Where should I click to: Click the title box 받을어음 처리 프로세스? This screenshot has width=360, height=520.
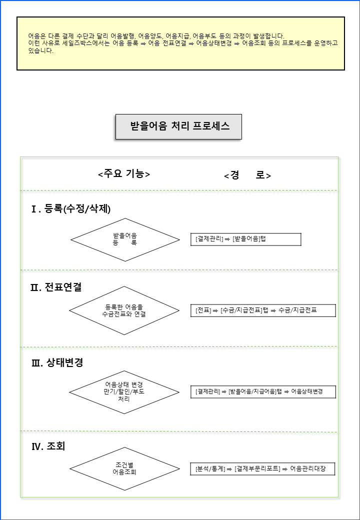178,126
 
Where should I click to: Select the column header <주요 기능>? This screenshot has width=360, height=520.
124,174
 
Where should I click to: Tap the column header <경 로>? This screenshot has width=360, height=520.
247,175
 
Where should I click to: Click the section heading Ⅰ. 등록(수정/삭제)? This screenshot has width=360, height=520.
71,209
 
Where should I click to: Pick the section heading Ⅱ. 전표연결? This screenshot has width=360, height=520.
56,287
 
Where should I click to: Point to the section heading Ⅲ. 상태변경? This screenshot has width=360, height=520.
57,362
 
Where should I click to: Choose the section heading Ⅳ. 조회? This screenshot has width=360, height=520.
48,446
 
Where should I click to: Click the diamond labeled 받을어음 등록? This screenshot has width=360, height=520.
125,240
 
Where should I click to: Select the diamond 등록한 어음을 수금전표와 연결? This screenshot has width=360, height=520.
124,310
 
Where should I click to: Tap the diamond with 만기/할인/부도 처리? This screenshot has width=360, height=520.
124,392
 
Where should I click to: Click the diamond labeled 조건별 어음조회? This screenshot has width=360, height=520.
124,468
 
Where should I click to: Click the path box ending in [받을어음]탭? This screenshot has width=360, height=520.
245,239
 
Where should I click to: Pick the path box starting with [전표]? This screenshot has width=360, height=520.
263,310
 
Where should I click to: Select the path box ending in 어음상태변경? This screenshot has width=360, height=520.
263,391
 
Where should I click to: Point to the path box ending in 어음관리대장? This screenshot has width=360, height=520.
262,469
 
